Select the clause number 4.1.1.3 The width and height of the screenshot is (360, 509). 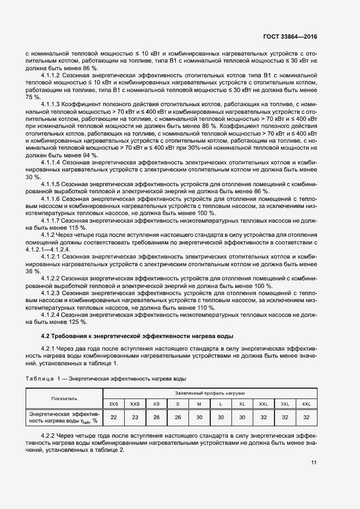pos(52,103)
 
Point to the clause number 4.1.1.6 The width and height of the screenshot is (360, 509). pos(52,200)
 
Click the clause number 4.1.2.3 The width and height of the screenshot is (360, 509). pos(52,292)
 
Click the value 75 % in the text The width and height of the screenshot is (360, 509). pos(33,96)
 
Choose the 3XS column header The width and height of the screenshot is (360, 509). pos(113,403)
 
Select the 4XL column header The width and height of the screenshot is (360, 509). pos(306,403)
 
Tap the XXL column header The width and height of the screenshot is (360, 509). pos(263,403)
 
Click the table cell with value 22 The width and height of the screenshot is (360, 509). pos(113,417)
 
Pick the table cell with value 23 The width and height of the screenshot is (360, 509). pos(135,417)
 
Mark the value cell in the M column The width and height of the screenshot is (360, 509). pos(199,417)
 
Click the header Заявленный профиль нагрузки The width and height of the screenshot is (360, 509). pos(210,393)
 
